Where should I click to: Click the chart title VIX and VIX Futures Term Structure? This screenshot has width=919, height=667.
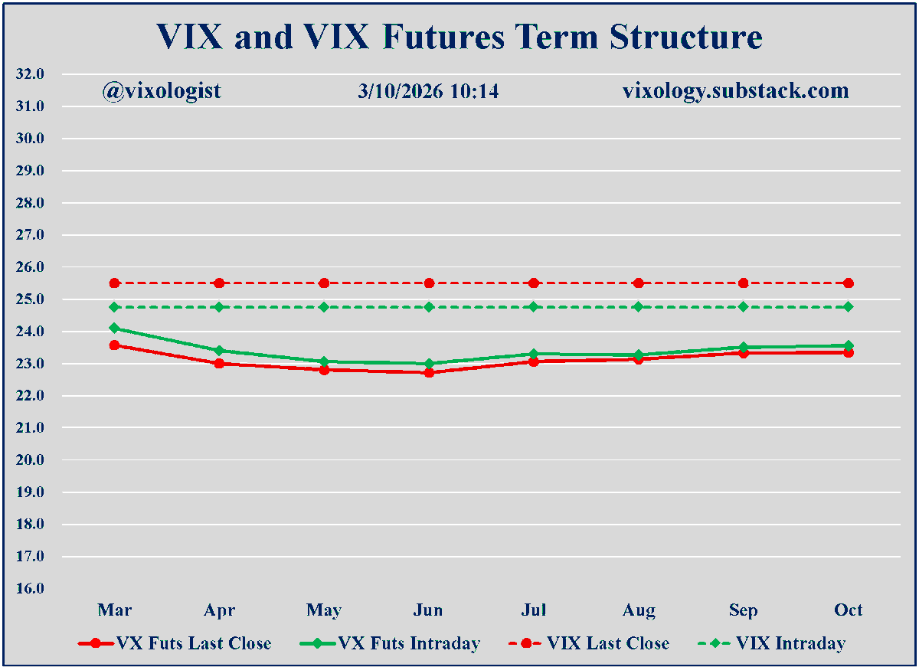coord(459,37)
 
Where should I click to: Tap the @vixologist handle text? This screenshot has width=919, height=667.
coord(162,91)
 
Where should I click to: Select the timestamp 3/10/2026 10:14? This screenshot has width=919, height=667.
coord(428,91)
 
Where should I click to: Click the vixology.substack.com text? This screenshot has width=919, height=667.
coord(735,91)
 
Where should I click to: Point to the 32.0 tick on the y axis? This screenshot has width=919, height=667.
coord(30,74)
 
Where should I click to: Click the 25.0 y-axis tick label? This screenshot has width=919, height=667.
coord(30,299)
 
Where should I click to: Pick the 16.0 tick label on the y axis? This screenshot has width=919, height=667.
coord(30,589)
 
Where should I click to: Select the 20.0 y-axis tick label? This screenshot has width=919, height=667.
coord(30,460)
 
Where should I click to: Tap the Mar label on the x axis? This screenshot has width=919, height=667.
coord(114,610)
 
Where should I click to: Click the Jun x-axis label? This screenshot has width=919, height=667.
coord(429,610)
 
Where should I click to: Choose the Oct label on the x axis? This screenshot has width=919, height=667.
coord(848,610)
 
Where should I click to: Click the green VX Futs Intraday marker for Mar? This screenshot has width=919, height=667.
coord(114,328)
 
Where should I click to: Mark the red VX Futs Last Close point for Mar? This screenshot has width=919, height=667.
coord(114,345)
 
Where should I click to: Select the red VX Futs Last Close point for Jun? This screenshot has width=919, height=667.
coord(429,373)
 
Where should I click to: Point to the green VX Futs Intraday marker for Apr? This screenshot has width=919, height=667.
coord(219,351)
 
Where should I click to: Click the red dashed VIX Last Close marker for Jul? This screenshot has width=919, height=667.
coord(534,283)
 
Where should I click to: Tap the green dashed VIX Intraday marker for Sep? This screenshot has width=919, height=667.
coord(743,307)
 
